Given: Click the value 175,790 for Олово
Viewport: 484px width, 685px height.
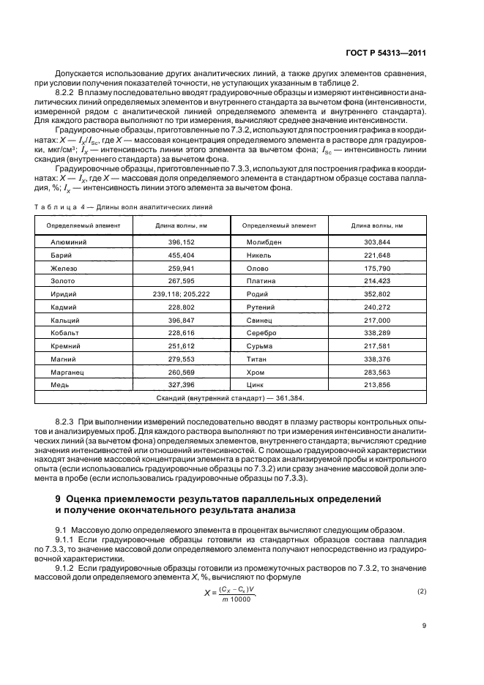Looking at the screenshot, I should coord(377,267).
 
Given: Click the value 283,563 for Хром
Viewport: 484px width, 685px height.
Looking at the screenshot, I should coord(377,372).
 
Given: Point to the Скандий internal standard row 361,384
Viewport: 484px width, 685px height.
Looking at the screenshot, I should coord(230,398).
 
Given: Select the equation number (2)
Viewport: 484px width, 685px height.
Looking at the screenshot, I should coord(421,590).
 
